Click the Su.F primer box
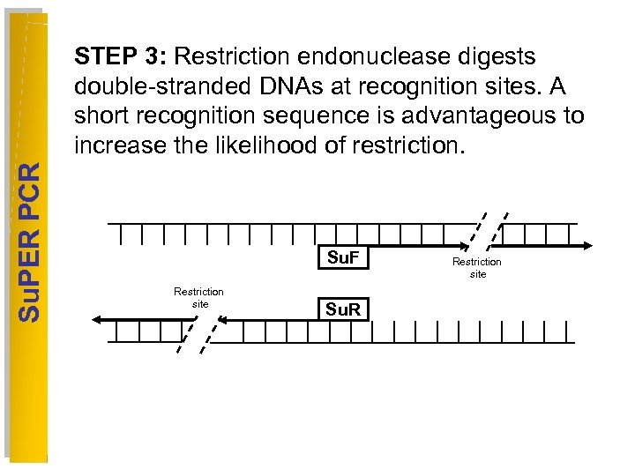pos(341,258)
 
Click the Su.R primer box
pos(341,309)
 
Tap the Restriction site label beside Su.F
pos(477,268)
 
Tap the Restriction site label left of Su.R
pos(198,297)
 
